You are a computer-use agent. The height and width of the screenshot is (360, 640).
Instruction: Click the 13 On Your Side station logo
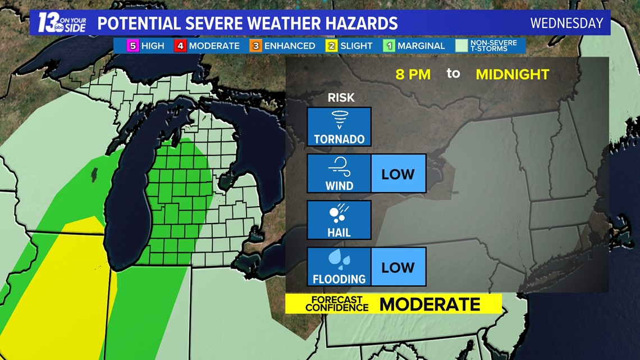click(61, 23)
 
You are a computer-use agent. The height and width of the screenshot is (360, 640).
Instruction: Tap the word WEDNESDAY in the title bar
click(566, 24)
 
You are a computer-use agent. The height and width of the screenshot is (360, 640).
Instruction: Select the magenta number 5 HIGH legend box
click(132, 46)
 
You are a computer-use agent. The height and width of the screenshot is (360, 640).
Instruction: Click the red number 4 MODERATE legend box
click(180, 46)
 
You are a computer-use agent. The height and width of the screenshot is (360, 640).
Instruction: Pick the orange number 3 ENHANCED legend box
click(256, 46)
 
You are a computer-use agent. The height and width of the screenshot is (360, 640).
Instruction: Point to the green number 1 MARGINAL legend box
click(389, 46)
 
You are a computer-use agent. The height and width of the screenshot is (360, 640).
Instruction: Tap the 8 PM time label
click(413, 74)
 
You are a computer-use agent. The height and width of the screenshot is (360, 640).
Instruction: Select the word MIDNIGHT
click(512, 74)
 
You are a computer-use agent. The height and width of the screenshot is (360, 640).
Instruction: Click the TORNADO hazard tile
click(339, 127)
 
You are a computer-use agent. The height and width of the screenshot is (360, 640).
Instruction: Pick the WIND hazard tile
click(339, 173)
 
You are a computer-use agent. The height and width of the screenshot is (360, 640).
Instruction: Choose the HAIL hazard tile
click(339, 220)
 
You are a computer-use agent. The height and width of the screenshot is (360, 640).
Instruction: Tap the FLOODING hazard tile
click(339, 266)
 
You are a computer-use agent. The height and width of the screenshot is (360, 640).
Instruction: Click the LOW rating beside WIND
click(398, 174)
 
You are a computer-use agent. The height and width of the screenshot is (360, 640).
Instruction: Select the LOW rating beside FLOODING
click(398, 267)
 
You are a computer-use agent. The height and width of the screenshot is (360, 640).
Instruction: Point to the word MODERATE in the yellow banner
click(429, 304)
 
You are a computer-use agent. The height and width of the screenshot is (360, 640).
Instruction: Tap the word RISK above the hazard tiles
click(341, 98)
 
